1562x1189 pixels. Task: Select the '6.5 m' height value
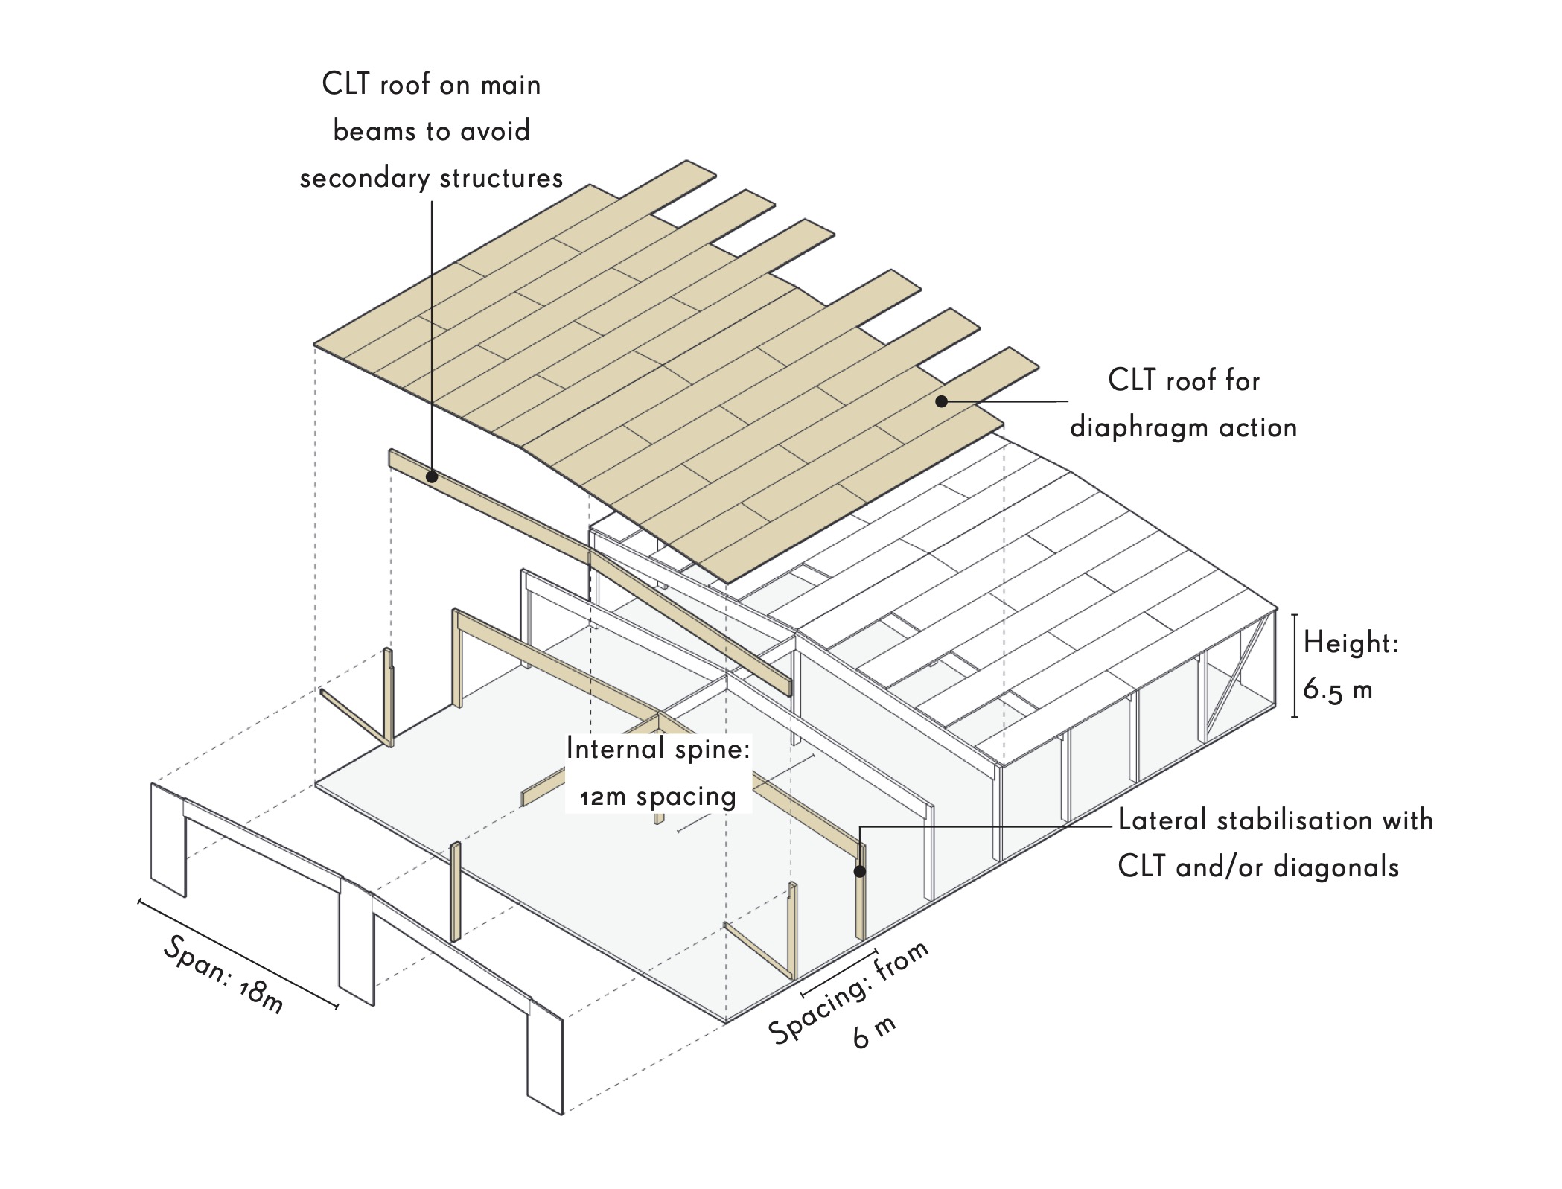pyautogui.click(x=1338, y=690)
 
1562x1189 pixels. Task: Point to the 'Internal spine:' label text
pyautogui.click(x=658, y=749)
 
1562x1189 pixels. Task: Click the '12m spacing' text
pyautogui.click(x=658, y=797)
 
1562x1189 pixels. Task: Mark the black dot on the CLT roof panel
pyautogui.click(x=941, y=401)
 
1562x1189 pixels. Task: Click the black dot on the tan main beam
pyautogui.click(x=432, y=476)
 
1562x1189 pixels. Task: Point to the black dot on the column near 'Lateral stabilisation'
pyautogui.click(x=859, y=871)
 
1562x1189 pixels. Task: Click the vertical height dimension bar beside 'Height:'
pyautogui.click(x=1295, y=666)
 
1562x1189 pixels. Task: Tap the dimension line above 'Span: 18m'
pyautogui.click(x=238, y=954)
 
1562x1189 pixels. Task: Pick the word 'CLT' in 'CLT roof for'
pyautogui.click(x=1132, y=380)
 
